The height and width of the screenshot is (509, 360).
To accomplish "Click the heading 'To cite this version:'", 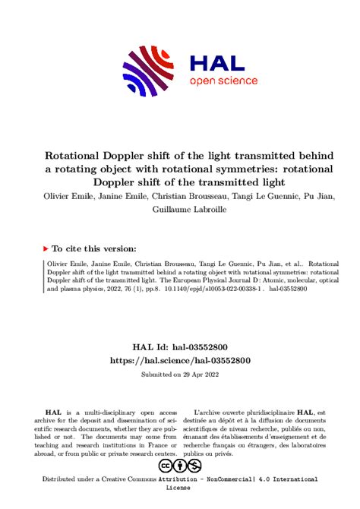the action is [93, 248].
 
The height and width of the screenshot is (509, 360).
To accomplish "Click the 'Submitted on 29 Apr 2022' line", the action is [180, 353].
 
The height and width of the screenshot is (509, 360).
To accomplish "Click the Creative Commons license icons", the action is [180, 465].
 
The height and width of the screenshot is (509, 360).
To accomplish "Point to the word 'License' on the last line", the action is [180, 489].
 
